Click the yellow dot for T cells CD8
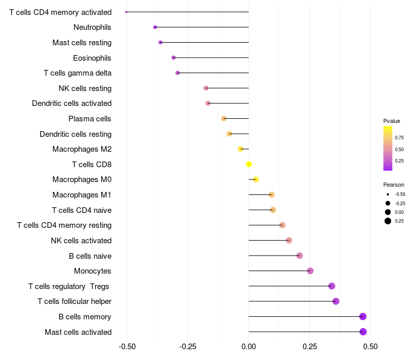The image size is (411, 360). pos(249,165)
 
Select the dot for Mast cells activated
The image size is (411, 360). pos(363,332)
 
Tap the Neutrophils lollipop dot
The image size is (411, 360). pos(155,27)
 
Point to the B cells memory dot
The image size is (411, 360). pos(363,317)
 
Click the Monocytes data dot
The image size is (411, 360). pos(310,271)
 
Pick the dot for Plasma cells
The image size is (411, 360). pos(223,119)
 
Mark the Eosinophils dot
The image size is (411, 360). pos(174,58)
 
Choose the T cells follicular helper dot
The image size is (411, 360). pos(336,301)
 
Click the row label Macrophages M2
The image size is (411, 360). pos(82,149)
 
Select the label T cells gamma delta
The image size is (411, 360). pos(78,73)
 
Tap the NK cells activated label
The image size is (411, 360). pos(81,241)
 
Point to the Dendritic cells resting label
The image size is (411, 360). pos(76,134)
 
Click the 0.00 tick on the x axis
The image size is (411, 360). pos(249,346)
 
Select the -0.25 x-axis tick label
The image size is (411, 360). pos(188,346)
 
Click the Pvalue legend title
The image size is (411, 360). pos(391,121)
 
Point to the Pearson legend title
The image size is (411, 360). pos(394,185)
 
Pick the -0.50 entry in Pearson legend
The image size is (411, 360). pos(400,194)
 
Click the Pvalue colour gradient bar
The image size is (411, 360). pos(388,148)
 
